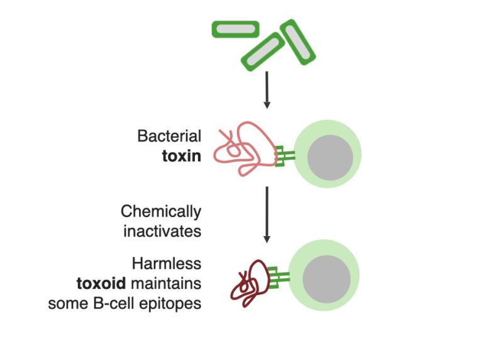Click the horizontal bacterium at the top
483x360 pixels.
pos(235,28)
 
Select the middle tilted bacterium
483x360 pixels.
pos(262,52)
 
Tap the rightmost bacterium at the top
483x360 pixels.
pos(297,42)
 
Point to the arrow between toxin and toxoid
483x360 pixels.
pos(267,214)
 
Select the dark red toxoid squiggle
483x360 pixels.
pos(248,283)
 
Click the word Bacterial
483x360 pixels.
pos(169,136)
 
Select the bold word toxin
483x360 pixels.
pos(182,155)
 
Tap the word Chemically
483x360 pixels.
pos(161,211)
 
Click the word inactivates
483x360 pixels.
pos(162,231)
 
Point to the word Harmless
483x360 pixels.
pos(167,263)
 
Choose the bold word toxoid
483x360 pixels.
pos(101,283)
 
